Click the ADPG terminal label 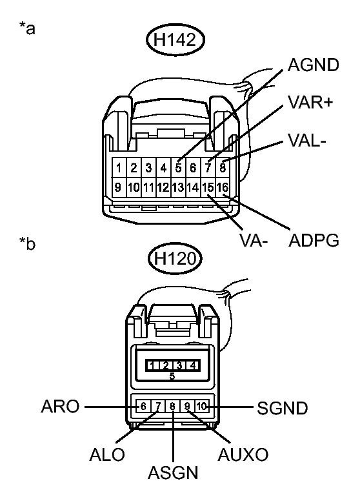tap(314, 241)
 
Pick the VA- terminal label tap(253, 242)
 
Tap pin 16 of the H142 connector tap(223, 188)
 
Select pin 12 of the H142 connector tap(163, 188)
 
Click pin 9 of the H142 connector tap(119, 188)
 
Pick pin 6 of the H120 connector tap(143, 406)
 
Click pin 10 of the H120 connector tap(202, 406)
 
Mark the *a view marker tap(28, 30)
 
